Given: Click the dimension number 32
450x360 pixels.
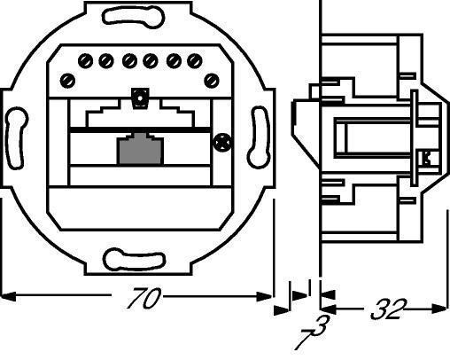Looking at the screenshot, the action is tap(389, 309).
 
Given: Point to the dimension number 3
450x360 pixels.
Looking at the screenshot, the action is tap(322, 325).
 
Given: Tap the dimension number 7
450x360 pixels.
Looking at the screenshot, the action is tap(305, 340).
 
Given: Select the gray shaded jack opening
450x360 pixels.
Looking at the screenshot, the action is tap(140, 149).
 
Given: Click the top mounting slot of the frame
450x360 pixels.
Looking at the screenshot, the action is tap(133, 17).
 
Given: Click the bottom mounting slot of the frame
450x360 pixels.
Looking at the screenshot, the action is tap(134, 260).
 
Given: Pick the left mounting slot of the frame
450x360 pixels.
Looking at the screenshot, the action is tap(16, 138).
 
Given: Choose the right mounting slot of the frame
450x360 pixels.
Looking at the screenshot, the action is tap(260, 137).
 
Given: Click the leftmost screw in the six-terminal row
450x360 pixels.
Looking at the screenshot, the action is tap(86, 61).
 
